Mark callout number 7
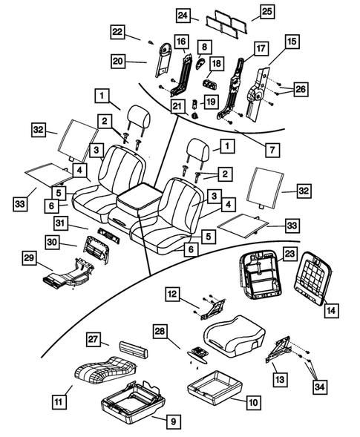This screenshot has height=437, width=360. [x=275, y=150]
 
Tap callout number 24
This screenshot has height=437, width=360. [x=183, y=15]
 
